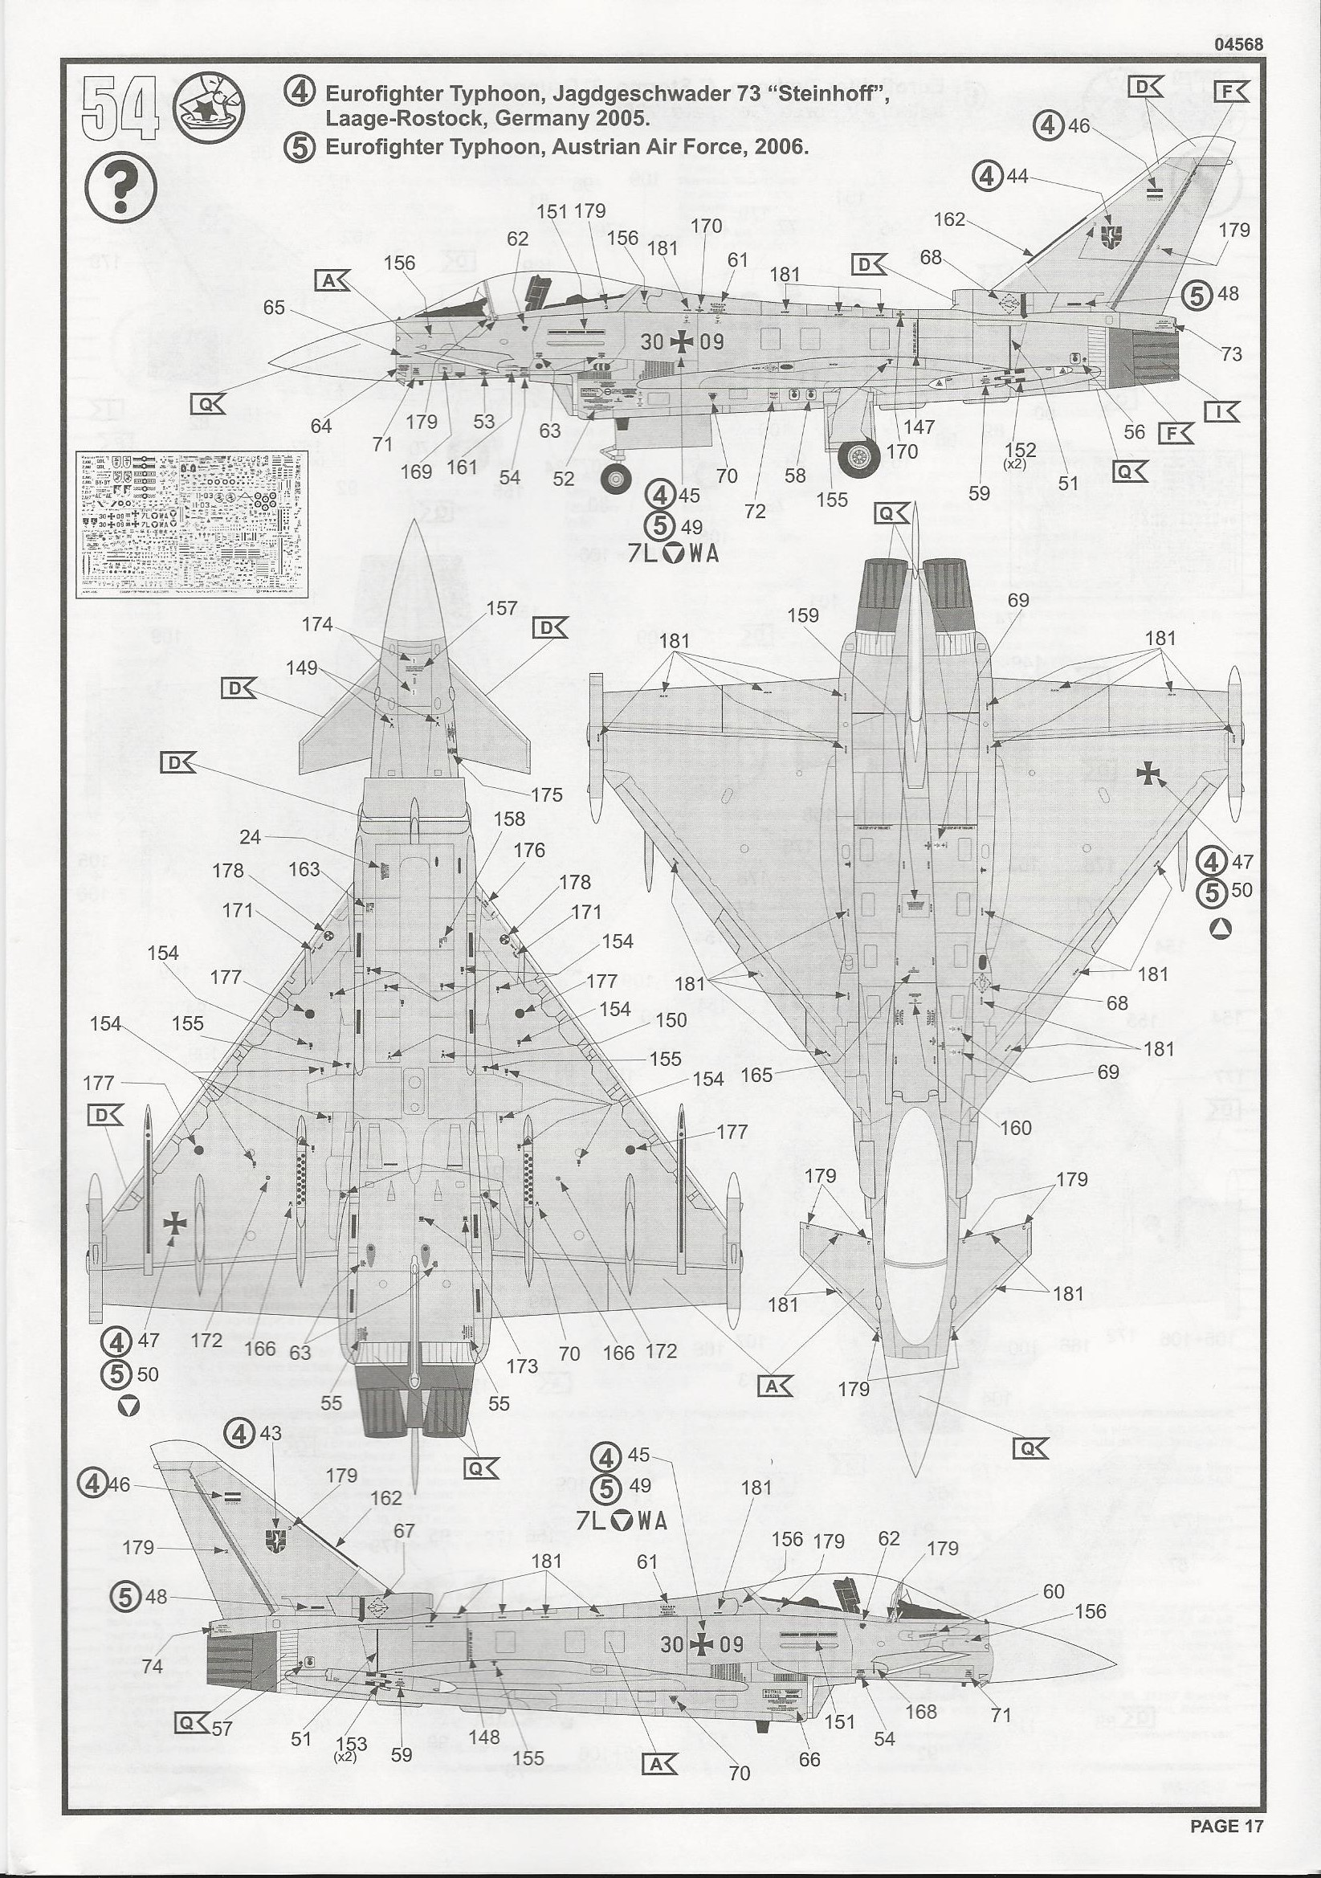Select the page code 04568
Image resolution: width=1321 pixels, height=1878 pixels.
tap(1238, 46)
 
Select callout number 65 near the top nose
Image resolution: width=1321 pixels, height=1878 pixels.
tap(274, 308)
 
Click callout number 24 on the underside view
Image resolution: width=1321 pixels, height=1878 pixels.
tap(251, 837)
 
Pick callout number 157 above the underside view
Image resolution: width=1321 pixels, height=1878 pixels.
tap(501, 609)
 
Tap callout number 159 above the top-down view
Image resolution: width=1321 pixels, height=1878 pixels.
tap(802, 615)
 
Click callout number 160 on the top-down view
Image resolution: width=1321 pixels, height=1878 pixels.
tap(1015, 1128)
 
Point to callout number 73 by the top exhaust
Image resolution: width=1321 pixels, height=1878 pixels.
tap(1231, 354)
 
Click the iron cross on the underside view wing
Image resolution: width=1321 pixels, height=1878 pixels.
tap(175, 1223)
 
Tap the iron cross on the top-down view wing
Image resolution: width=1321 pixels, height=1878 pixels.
tap(1151, 774)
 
